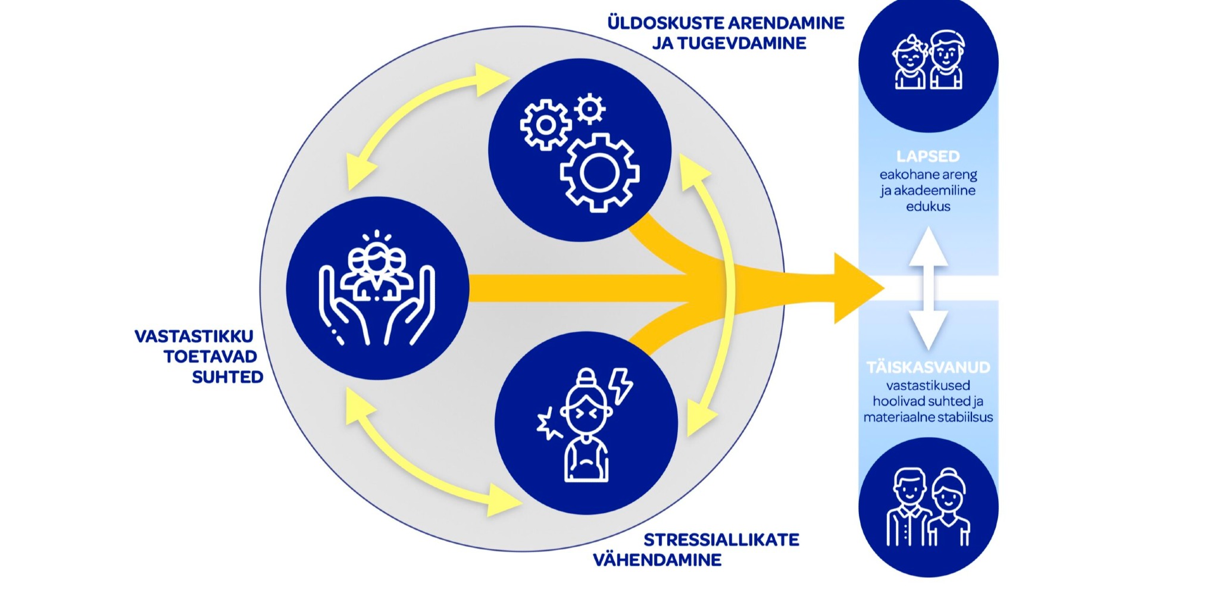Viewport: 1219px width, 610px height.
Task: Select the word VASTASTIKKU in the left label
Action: [194, 337]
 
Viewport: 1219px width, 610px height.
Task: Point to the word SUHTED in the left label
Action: [227, 377]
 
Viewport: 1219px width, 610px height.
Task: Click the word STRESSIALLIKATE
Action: [721, 540]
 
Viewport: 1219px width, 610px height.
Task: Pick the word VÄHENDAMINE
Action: [657, 560]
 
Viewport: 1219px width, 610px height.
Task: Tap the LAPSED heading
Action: [928, 157]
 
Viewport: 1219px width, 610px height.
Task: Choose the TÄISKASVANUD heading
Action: [928, 368]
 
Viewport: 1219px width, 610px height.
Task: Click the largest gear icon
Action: [599, 173]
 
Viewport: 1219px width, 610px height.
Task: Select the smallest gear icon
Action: [590, 109]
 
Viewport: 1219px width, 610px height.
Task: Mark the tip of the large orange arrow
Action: [883, 288]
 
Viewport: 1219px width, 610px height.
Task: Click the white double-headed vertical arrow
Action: [928, 288]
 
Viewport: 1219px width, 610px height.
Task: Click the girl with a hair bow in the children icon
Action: [909, 63]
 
